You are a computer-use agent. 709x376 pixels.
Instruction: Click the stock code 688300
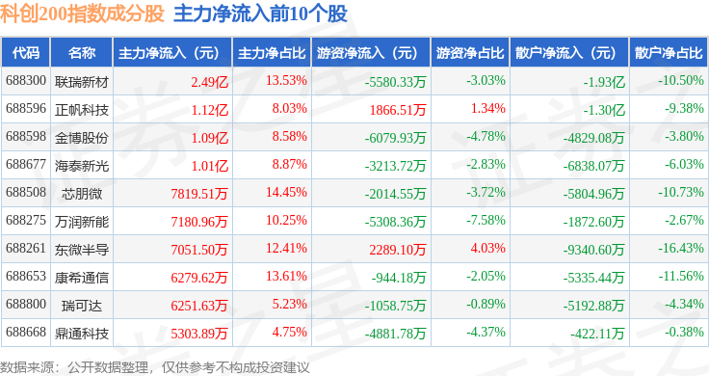(26, 81)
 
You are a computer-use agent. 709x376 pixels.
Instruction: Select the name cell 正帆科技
(82, 110)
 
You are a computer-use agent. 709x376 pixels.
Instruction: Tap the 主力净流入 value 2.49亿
(209, 82)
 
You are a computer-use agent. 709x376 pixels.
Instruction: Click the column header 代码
(26, 53)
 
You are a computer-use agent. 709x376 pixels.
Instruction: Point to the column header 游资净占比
(470, 53)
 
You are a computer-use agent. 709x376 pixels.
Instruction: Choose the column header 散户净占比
(669, 53)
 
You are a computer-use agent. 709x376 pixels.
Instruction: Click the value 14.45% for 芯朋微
(286, 192)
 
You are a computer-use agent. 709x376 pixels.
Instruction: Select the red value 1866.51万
(398, 110)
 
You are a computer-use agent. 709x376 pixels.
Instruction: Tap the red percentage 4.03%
(487, 249)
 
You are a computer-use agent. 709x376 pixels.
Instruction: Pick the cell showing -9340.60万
(593, 250)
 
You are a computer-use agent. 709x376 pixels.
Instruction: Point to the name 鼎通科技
(82, 334)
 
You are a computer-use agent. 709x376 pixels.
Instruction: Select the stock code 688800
(26, 304)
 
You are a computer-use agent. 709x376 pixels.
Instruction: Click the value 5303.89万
(199, 334)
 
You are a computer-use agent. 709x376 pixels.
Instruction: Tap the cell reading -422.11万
(597, 334)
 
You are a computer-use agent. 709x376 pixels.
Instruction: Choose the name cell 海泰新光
(82, 166)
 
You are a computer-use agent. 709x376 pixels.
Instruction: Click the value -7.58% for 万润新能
(486, 221)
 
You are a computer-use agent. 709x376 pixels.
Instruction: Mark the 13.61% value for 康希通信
(286, 276)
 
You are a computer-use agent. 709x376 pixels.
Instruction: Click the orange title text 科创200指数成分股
(82, 13)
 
